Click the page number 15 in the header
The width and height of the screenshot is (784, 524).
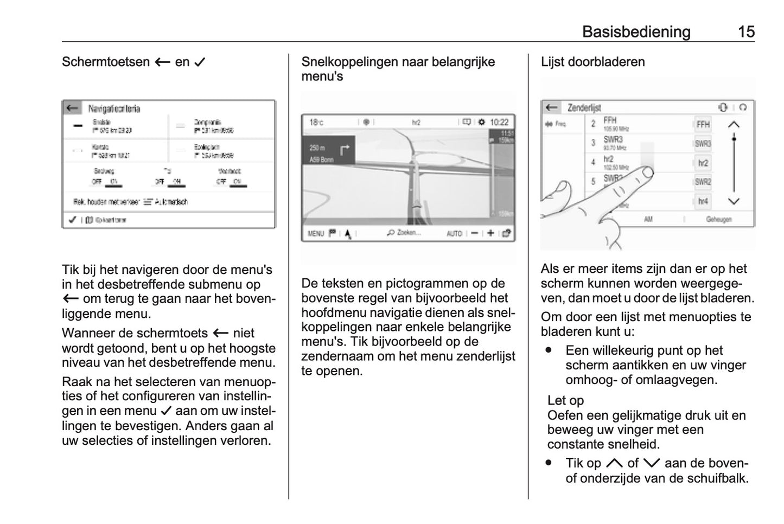(746, 31)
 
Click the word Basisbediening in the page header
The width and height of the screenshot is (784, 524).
(636, 31)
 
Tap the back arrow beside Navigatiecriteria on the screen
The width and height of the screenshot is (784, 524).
(72, 108)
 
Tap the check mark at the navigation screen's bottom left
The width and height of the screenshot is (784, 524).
(72, 220)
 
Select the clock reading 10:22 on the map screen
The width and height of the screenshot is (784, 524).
(499, 122)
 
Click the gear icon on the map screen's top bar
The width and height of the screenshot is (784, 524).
(481, 122)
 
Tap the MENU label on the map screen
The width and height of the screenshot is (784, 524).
(315, 234)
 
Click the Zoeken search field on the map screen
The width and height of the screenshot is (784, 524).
(404, 233)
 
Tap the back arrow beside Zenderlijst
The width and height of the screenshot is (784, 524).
(552, 107)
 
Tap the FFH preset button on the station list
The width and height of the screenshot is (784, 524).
(703, 124)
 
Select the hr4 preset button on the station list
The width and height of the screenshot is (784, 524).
(703, 201)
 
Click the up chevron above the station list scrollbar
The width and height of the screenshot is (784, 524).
(734, 125)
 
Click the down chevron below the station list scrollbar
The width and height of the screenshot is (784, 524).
(734, 201)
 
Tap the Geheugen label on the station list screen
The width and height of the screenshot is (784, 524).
(718, 220)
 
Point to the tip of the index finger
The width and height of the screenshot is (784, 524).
(647, 172)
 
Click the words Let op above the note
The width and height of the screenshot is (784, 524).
(565, 400)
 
